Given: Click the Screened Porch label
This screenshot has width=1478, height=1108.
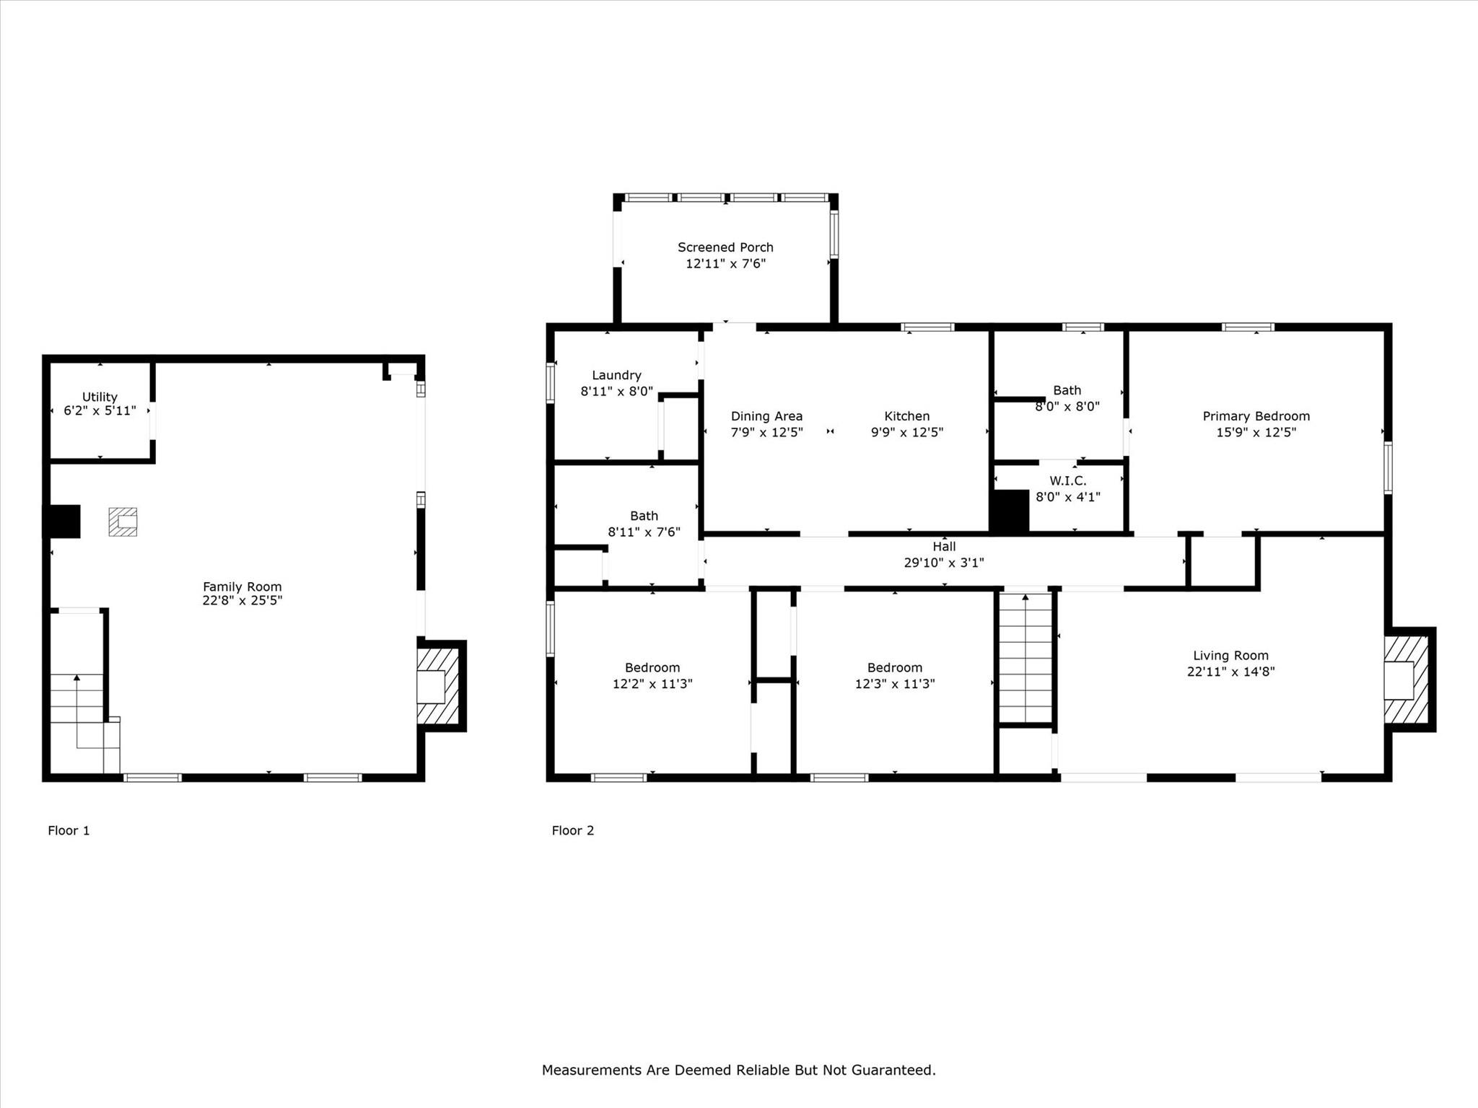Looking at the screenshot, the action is coord(725,247).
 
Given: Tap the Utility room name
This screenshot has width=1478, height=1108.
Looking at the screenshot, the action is coord(100,397).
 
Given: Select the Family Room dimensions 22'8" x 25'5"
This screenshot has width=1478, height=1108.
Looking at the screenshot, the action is coord(242,600).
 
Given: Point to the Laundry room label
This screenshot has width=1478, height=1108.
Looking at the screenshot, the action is coord(616,375).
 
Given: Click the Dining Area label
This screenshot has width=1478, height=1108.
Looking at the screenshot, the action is coord(766,416).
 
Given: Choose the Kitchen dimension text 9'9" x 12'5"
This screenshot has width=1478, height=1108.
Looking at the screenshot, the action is coord(907,432).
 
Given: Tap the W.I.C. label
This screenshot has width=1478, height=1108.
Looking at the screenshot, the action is coord(1067,480).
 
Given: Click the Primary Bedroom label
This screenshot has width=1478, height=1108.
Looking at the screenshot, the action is coord(1256,416).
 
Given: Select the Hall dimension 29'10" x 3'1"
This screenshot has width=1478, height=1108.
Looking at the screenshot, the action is coord(944,563).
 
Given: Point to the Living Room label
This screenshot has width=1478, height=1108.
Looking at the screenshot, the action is coord(1230,656).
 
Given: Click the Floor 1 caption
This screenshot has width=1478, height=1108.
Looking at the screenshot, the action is coord(69,830).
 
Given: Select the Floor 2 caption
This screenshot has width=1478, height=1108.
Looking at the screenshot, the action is coord(573,830).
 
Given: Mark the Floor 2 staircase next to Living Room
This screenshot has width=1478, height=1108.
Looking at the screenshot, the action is coord(1025,658).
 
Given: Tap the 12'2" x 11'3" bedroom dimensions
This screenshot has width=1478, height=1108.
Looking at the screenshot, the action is coord(652,683).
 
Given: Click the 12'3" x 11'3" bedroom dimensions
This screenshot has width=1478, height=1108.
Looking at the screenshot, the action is coord(895,683).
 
